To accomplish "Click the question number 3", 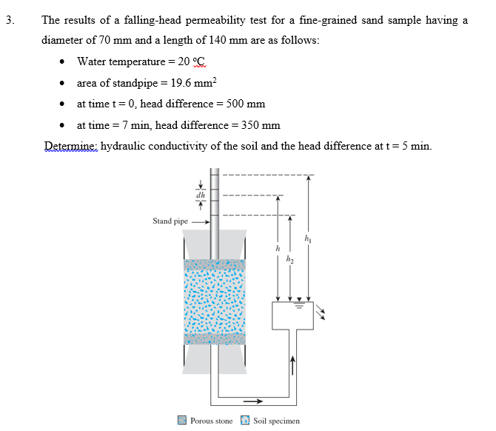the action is click(x=8, y=21).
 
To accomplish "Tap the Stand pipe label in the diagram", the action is click(x=170, y=221).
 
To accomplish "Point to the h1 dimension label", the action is click(x=309, y=237).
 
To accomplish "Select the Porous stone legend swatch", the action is click(x=181, y=421).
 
